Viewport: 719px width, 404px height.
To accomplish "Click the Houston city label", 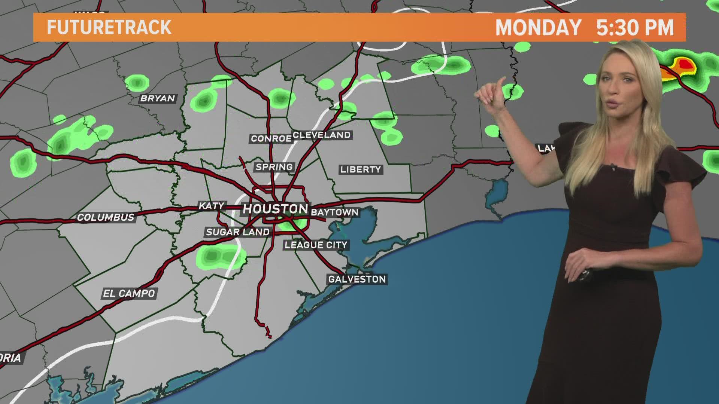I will [275, 209].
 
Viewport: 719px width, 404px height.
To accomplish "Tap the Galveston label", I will [357, 279].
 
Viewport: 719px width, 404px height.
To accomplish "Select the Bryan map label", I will [158, 98].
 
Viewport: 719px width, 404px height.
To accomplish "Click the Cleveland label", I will [322, 135].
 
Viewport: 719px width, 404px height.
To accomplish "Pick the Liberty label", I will [360, 169].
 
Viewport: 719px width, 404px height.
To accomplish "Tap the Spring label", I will [274, 167].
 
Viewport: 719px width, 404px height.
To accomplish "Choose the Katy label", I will [211, 206].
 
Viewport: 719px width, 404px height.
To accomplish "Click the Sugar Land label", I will [237, 232].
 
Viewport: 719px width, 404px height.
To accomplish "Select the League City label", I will [316, 245].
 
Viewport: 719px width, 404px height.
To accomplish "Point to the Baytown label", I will [334, 212].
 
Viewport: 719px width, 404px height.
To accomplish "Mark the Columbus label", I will [106, 217].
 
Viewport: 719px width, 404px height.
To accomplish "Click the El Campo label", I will [129, 293].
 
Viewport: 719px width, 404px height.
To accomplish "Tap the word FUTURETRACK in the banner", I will [109, 27].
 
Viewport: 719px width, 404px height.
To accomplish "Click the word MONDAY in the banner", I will [538, 27].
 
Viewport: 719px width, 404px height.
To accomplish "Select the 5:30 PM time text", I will [635, 27].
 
